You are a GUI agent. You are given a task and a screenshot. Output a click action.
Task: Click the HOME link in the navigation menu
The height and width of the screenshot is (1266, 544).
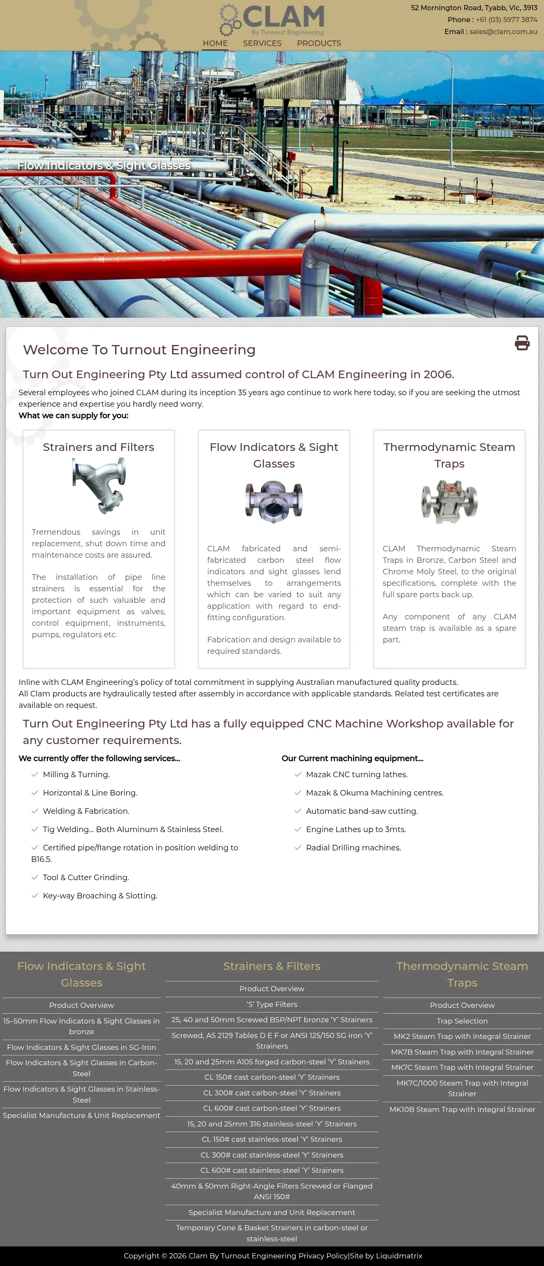click(215, 43)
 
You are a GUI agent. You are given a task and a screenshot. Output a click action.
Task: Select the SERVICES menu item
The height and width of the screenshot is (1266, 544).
click(262, 43)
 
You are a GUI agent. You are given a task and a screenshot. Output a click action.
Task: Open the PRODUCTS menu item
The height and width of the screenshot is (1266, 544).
click(319, 43)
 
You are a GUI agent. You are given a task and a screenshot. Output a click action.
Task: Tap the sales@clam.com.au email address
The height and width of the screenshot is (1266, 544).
click(503, 31)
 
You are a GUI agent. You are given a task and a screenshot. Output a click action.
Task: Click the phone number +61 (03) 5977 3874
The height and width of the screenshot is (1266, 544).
click(506, 20)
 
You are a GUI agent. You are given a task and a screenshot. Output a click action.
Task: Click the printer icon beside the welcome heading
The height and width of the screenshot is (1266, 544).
click(522, 342)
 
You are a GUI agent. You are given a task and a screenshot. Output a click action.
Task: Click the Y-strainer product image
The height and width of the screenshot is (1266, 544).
click(99, 485)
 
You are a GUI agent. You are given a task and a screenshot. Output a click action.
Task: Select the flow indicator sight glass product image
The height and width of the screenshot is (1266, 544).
click(274, 502)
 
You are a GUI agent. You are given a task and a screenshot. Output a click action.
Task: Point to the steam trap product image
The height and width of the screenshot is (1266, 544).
click(449, 502)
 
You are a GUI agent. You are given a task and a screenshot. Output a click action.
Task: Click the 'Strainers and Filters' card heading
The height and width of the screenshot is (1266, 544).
click(99, 447)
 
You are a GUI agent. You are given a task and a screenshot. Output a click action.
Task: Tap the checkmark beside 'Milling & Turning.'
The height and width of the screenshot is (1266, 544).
click(35, 775)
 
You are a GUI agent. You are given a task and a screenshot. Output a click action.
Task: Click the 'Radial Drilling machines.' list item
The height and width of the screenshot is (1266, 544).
click(353, 848)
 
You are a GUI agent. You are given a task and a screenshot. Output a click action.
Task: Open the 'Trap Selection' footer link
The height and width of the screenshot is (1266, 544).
click(462, 1021)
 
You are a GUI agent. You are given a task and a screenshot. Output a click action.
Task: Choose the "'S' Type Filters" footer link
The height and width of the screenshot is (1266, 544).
click(272, 1004)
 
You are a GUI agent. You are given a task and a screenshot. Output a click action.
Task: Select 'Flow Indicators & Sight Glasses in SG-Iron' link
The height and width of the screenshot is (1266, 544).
click(82, 1047)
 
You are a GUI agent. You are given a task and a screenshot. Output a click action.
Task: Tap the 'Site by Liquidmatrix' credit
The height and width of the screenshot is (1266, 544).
click(386, 1256)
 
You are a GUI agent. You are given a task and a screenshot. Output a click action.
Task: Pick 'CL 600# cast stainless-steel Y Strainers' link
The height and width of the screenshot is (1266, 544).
click(272, 1170)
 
